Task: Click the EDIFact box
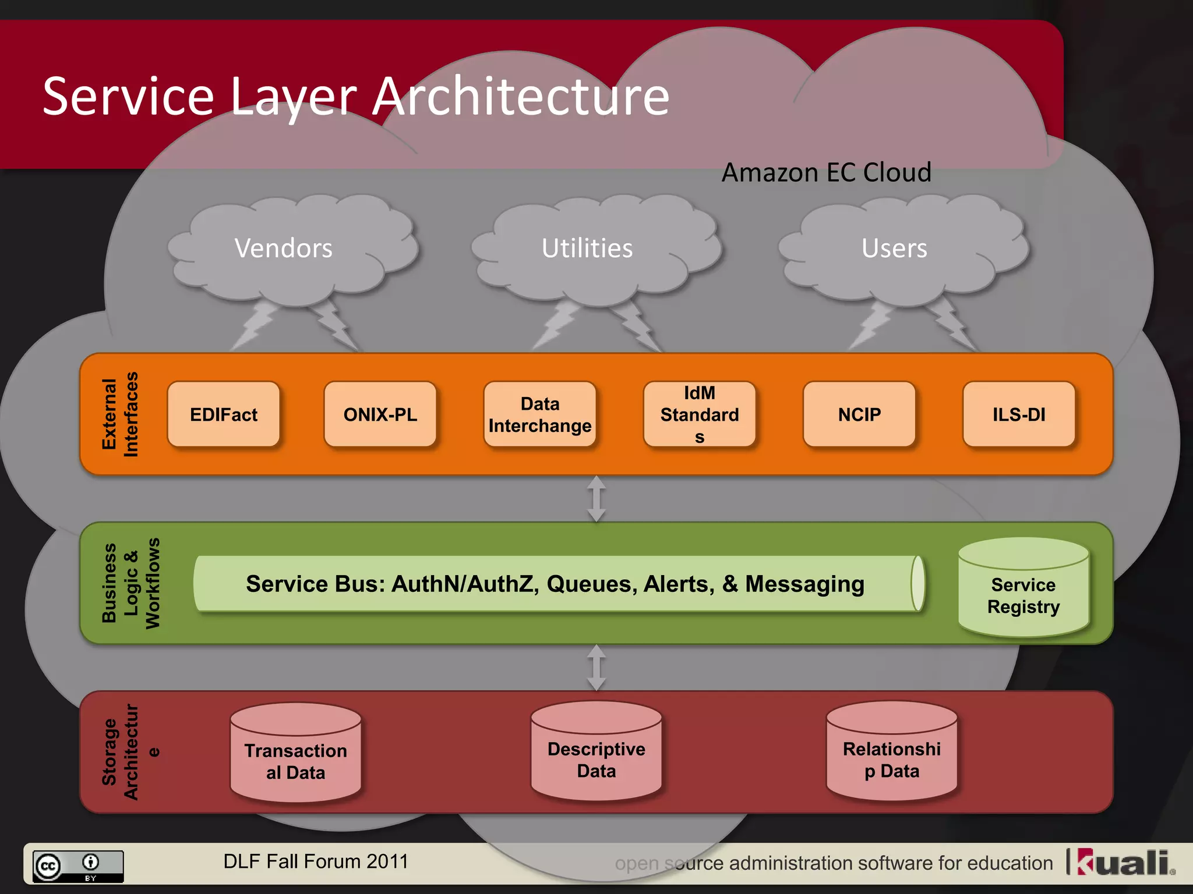[224, 414]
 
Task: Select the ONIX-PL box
[380, 414]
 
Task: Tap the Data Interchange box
[540, 414]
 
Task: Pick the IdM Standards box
[699, 414]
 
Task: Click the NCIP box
[859, 414]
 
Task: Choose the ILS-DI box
[1019, 414]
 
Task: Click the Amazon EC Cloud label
[826, 173]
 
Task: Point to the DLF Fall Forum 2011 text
[316, 861]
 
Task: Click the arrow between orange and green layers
[596, 499]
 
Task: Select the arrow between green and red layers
[596, 667]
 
